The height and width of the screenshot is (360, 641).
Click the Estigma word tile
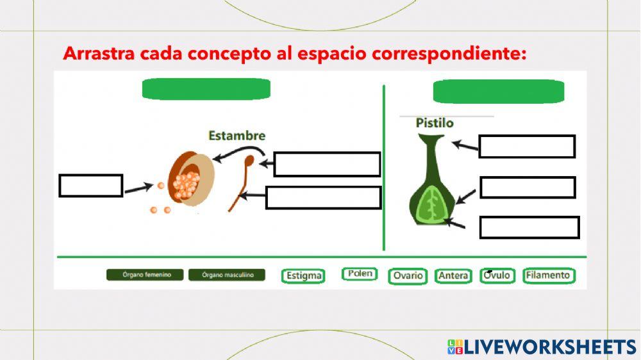click(303, 276)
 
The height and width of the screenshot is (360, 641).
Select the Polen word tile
click(360, 274)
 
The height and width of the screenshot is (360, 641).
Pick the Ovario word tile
click(408, 276)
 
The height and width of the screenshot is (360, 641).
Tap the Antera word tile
click(453, 276)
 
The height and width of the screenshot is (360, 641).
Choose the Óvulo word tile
click(498, 275)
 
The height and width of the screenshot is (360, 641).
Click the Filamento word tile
click(548, 275)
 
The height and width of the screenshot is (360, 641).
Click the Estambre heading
click(237, 136)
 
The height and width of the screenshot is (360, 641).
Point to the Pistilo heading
click(435, 123)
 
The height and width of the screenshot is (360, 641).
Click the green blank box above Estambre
click(206, 89)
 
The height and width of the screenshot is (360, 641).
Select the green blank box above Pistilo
click(498, 92)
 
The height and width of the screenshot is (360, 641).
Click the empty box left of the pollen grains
click(90, 186)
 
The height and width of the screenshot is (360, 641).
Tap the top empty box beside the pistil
click(527, 146)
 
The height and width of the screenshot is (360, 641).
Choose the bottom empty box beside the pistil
click(529, 227)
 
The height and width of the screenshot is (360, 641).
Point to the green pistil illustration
click(433, 186)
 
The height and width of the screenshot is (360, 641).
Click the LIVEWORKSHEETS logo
click(542, 347)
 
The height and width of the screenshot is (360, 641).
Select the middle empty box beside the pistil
click(528, 187)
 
